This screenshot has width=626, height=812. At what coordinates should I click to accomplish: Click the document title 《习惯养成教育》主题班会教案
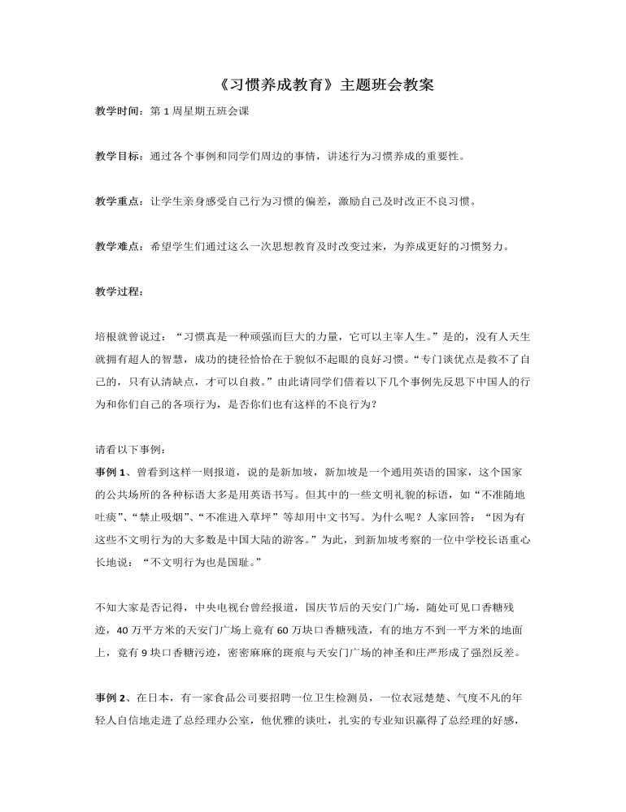tap(313, 84)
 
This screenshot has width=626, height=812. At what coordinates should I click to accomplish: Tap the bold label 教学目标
tap(118, 156)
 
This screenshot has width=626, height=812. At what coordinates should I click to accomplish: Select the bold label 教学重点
tap(118, 201)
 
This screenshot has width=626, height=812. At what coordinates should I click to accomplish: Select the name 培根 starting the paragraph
tap(106, 335)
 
